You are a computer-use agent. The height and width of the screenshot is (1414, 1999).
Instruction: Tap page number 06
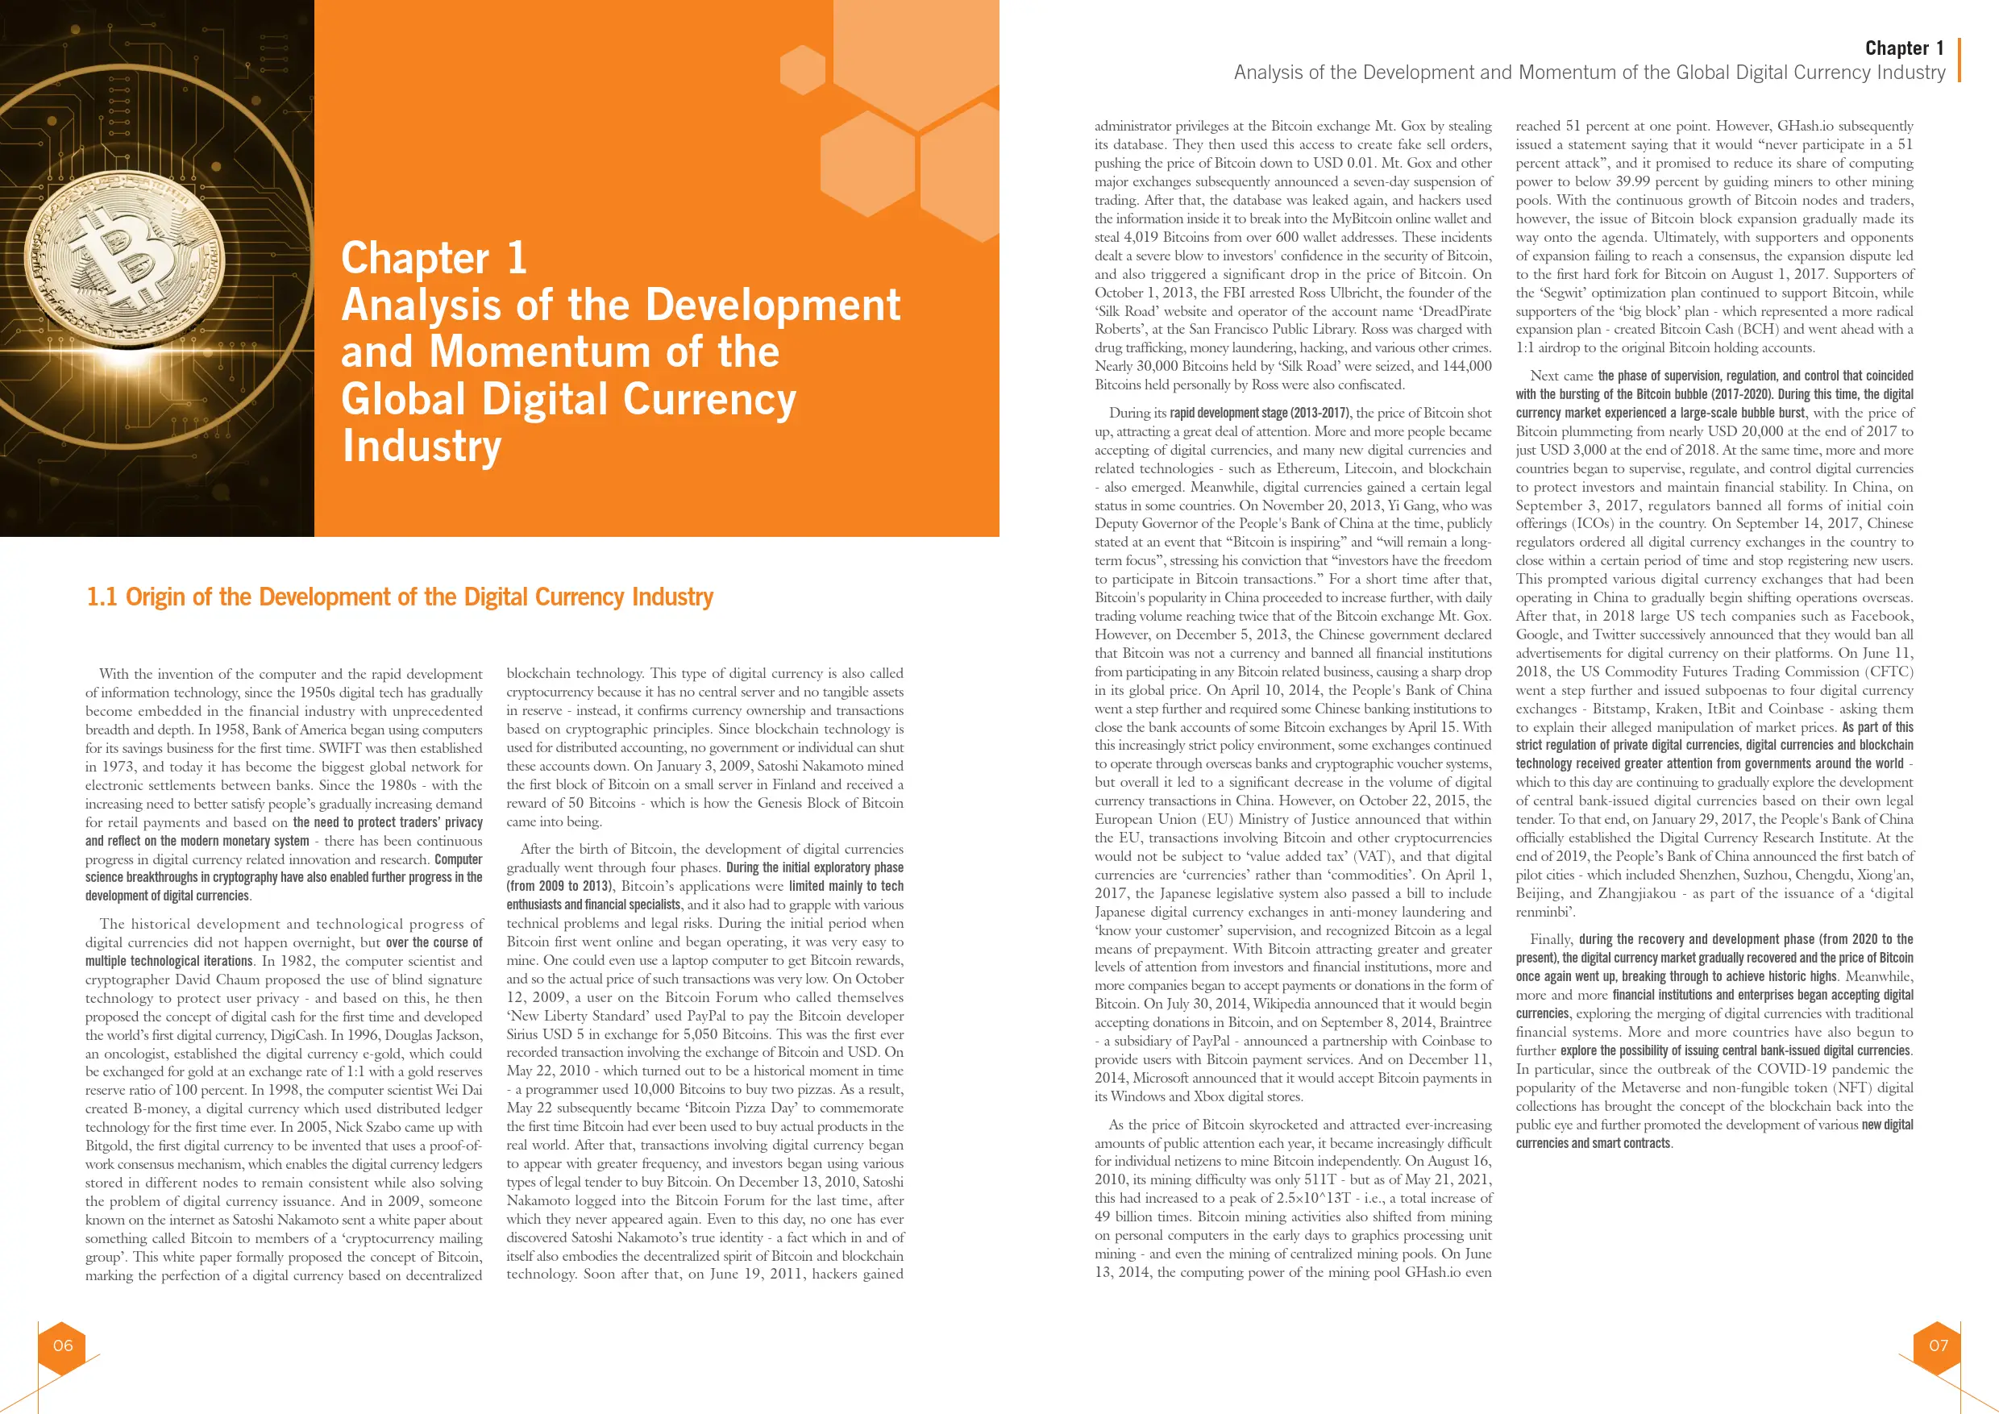63,1345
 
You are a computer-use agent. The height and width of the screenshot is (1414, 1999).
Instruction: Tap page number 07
1938,1345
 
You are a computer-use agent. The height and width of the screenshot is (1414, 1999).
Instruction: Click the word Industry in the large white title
422,446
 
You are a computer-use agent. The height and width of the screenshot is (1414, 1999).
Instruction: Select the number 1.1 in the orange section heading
102,597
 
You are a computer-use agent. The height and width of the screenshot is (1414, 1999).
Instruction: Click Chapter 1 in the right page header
1904,48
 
